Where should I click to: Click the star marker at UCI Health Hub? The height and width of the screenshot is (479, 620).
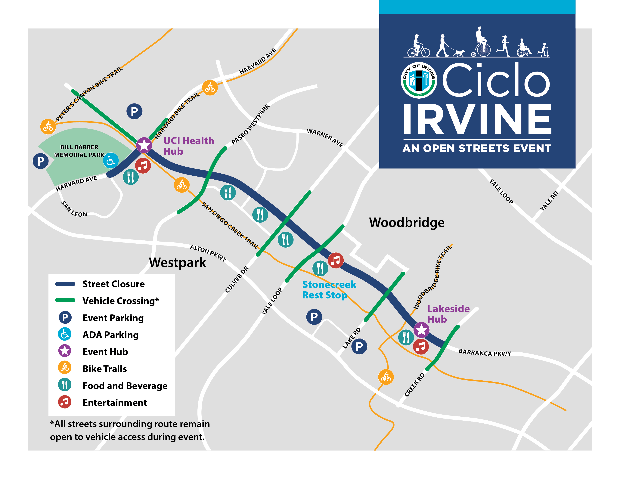tap(144, 145)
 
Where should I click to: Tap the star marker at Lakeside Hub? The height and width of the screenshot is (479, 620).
tap(421, 330)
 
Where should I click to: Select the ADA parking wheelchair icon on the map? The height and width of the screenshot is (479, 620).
tap(110, 161)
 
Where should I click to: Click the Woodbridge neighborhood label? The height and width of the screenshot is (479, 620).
tap(407, 222)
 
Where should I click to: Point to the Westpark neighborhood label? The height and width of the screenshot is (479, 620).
tap(177, 262)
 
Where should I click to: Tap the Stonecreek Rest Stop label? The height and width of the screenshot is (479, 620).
tap(329, 290)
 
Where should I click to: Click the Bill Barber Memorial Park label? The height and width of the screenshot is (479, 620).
tap(79, 151)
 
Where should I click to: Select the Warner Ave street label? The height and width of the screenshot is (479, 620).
tap(325, 138)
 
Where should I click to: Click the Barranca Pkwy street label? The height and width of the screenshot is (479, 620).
tap(485, 353)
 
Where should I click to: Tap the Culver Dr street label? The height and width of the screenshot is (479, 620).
tap(237, 280)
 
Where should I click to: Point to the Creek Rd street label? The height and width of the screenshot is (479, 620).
tap(414, 385)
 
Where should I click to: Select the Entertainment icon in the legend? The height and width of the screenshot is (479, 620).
tap(65, 402)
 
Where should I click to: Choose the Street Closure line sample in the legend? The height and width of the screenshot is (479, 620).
tap(65, 284)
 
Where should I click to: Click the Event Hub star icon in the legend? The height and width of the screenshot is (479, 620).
tap(65, 351)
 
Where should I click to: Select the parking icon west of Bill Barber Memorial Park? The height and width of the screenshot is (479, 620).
tap(41, 161)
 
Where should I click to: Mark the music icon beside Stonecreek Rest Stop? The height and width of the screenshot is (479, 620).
tap(336, 260)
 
